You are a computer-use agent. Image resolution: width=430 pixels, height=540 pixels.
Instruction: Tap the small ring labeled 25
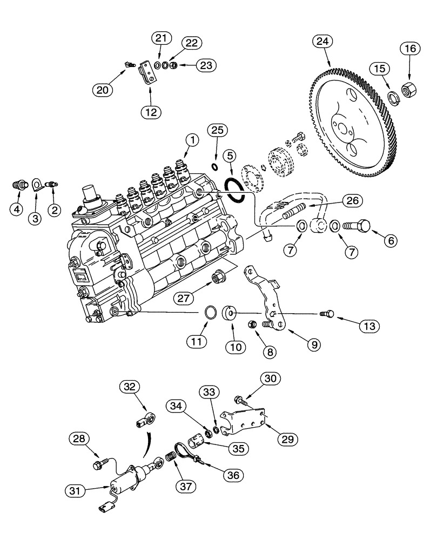[x=214, y=165]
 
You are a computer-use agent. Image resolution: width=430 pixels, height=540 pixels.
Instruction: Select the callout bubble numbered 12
[x=151, y=112]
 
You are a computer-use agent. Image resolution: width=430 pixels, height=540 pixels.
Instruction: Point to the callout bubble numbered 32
[x=130, y=387]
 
